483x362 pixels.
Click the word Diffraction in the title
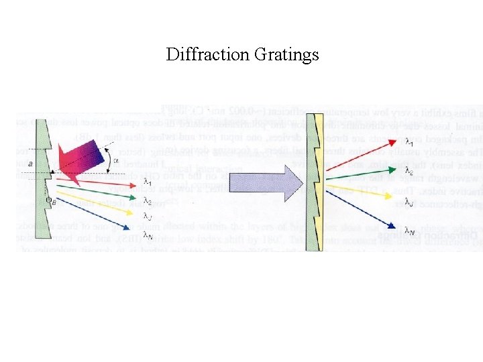pos(208,54)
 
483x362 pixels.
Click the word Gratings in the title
pos(286,55)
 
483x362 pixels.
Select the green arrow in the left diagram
pos(101,191)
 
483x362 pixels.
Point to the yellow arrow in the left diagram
pos(101,203)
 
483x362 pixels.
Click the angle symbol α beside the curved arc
pos(116,160)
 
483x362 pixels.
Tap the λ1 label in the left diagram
pos(147,184)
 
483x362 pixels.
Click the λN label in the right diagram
pos(409,232)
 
